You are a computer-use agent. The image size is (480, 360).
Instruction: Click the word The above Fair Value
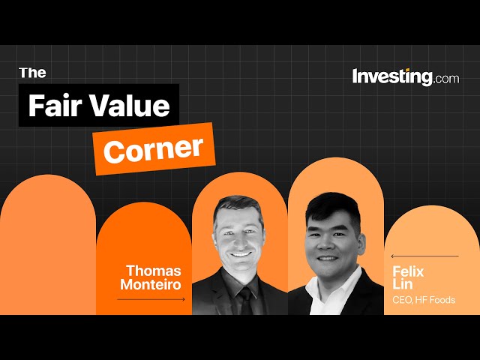32,72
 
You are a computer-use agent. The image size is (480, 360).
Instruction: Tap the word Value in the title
132,106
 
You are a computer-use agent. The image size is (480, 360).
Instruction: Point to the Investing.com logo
405,76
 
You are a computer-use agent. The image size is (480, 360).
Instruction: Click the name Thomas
154,270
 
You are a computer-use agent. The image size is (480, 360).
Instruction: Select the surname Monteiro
151,284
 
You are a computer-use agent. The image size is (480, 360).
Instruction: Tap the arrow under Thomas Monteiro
150,299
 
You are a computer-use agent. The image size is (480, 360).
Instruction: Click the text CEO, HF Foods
424,301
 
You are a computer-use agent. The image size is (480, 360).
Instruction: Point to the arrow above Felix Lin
424,256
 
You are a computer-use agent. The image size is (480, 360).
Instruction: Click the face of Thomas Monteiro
239,240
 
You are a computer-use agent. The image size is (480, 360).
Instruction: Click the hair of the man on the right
330,204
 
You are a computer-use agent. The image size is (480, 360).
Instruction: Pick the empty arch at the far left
48,247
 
